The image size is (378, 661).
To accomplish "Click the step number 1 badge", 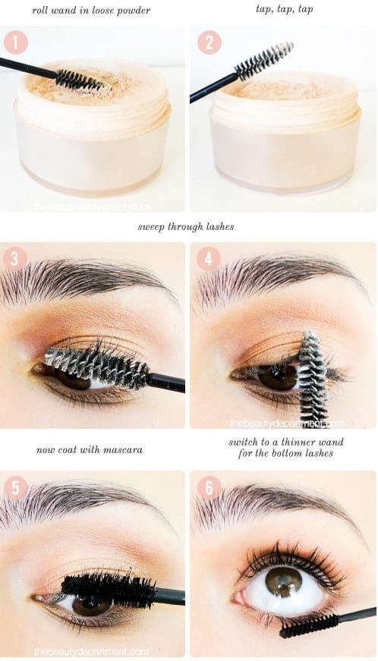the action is click(x=16, y=42).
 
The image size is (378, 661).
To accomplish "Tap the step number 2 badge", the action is click(x=209, y=42).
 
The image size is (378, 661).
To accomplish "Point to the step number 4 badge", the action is click(x=208, y=258).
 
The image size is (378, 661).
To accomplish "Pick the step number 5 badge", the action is click(x=16, y=488).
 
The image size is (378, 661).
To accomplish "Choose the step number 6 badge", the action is click(x=209, y=488).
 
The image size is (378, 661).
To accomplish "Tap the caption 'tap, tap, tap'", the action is click(x=285, y=9).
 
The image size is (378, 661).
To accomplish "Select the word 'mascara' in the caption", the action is click(x=123, y=450).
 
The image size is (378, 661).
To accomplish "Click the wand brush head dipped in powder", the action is click(x=80, y=79).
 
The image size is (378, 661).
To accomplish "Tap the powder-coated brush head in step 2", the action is click(x=263, y=60).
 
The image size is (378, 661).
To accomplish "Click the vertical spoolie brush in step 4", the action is click(x=313, y=377).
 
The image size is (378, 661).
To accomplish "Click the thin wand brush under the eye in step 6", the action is click(x=308, y=625).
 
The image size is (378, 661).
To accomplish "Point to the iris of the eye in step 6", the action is click(x=283, y=582).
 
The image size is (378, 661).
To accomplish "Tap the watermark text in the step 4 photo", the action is click(x=288, y=423).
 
